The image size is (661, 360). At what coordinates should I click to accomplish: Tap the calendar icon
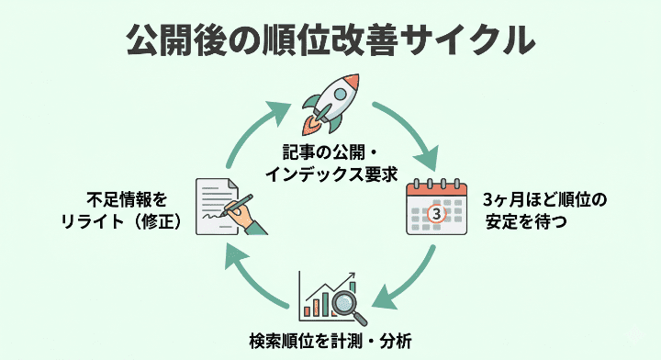click(436, 209)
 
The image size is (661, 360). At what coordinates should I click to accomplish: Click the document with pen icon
click(224, 207)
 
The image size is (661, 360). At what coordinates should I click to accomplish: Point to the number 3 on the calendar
click(436, 215)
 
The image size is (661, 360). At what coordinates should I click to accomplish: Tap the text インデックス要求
click(328, 172)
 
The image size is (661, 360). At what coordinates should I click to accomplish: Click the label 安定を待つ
click(519, 221)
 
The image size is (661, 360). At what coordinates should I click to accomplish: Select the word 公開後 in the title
click(175, 41)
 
